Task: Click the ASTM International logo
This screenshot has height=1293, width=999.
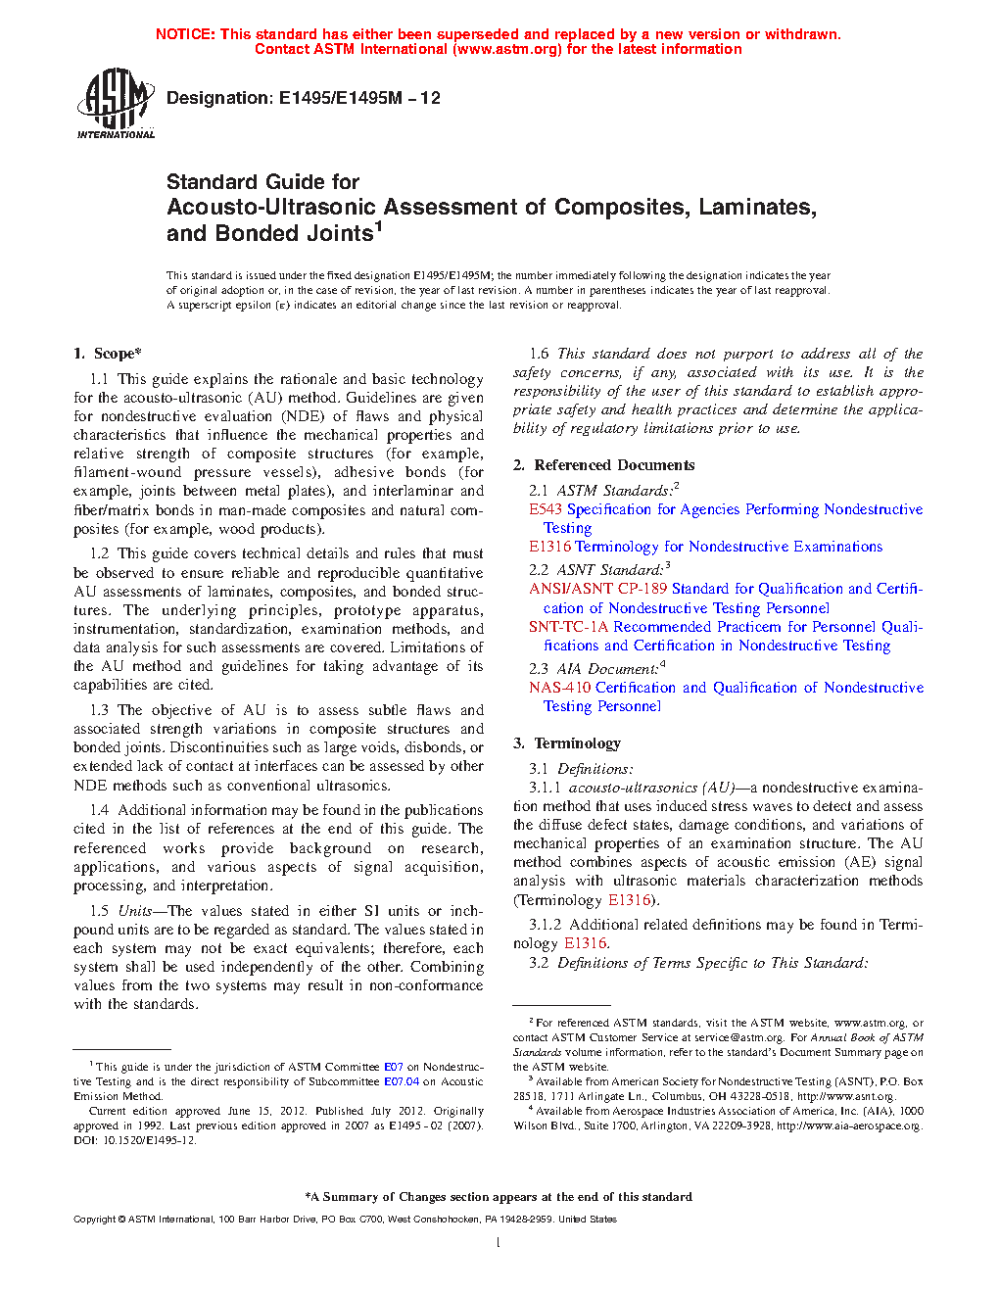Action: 116,103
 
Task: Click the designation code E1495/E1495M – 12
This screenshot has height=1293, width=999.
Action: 359,98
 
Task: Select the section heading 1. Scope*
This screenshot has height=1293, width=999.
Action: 108,354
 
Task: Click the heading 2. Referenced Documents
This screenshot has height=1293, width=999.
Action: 604,465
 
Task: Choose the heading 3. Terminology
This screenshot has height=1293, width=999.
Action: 567,743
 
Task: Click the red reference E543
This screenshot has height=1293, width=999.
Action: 546,509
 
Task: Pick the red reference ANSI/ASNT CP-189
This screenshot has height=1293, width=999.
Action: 597,589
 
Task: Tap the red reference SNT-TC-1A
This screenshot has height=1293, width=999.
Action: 568,627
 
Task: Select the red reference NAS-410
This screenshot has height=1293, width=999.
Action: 559,688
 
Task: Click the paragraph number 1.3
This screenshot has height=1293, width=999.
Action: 99,710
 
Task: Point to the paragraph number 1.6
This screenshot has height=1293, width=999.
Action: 539,354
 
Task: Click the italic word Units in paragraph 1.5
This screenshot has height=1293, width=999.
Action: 134,911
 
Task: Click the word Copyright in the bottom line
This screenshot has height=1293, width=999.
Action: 95,1220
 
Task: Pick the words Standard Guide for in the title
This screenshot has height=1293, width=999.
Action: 262,182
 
